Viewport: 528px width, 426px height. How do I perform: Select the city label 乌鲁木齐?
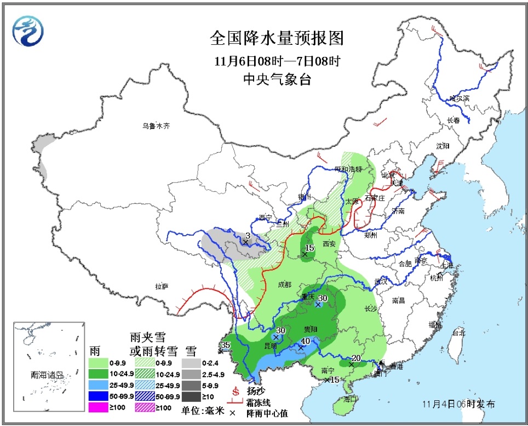pyautogui.click(x=156, y=126)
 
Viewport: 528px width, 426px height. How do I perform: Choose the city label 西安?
pyautogui.click(x=329, y=244)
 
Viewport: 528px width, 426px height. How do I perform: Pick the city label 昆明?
pyautogui.click(x=271, y=346)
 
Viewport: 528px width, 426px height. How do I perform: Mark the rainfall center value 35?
pyautogui.click(x=225, y=345)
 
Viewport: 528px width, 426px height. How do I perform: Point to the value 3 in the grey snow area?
pyautogui.click(x=248, y=236)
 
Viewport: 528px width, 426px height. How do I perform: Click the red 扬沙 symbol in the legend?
pyautogui.click(x=237, y=392)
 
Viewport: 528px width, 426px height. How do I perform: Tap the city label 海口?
pyautogui.click(x=350, y=399)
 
